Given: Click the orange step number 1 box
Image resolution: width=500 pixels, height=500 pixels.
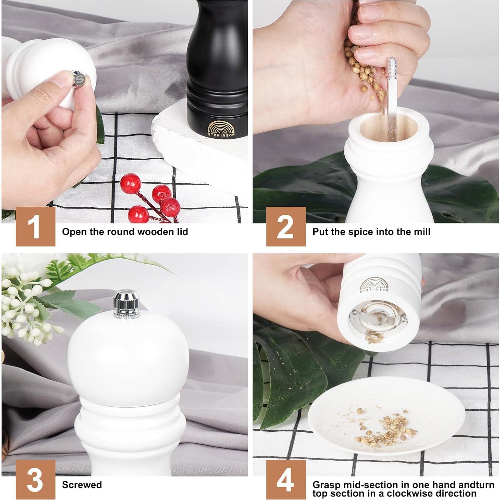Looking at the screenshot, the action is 35,226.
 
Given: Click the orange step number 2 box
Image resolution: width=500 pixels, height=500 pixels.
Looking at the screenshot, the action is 286,226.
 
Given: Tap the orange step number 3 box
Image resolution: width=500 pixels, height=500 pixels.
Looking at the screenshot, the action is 35,480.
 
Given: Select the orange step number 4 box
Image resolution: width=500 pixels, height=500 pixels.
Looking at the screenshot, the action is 286,480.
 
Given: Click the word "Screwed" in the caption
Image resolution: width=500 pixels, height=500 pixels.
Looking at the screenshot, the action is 82,485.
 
